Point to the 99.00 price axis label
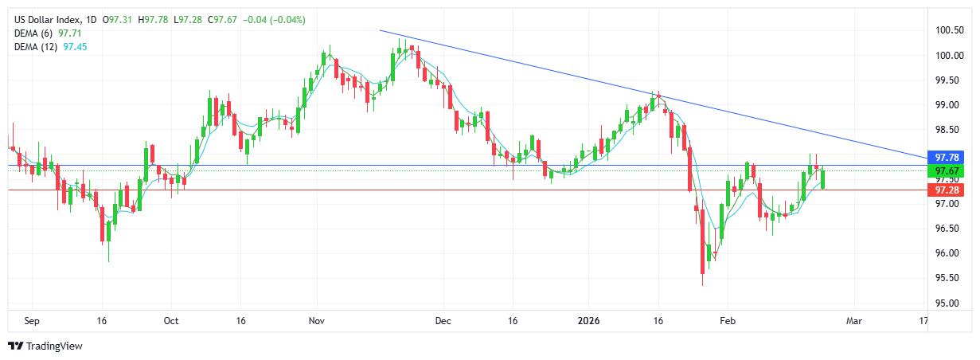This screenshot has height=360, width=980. click(x=948, y=105)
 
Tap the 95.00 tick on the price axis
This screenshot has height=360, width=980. click(x=948, y=303)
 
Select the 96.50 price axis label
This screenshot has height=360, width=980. click(x=948, y=229)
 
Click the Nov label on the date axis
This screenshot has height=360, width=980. click(x=317, y=321)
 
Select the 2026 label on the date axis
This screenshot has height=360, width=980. click(x=588, y=321)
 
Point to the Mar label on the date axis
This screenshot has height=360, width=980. click(x=854, y=321)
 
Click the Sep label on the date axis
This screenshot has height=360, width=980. click(x=32, y=321)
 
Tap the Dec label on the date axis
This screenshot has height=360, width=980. click(x=443, y=321)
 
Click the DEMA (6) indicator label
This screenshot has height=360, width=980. click(x=35, y=33)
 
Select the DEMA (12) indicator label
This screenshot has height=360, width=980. click(x=37, y=47)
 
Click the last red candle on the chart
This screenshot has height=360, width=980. click(x=822, y=179)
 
